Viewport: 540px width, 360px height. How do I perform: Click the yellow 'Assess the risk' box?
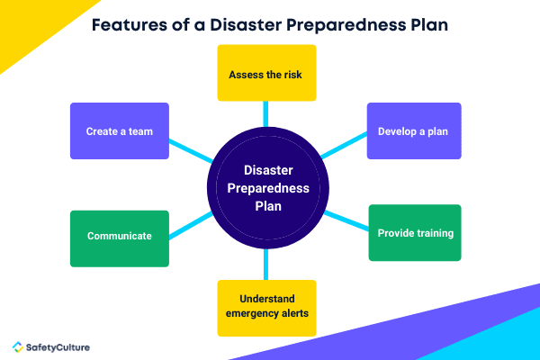pyautogui.click(x=267, y=74)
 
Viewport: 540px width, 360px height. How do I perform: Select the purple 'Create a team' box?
pyautogui.click(x=120, y=131)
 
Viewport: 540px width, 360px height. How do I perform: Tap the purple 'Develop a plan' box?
pyautogui.click(x=414, y=131)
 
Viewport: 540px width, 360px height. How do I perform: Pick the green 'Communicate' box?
pyautogui.click(x=120, y=236)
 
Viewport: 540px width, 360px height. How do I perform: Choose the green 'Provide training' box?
pyautogui.click(x=414, y=233)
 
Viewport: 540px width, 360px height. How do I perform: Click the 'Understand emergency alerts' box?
pyautogui.click(x=267, y=306)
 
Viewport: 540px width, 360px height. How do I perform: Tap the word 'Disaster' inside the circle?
pyautogui.click(x=267, y=170)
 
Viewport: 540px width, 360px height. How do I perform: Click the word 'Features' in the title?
pyautogui.click(x=128, y=25)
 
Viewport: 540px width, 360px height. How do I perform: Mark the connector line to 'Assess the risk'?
pyautogui.click(x=266, y=112)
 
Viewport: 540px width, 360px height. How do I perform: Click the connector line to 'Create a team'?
pyautogui.click(x=190, y=151)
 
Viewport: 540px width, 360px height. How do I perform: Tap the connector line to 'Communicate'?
pyautogui.click(x=190, y=221)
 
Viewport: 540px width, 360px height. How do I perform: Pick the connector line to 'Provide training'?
pyautogui.click(x=346, y=220)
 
